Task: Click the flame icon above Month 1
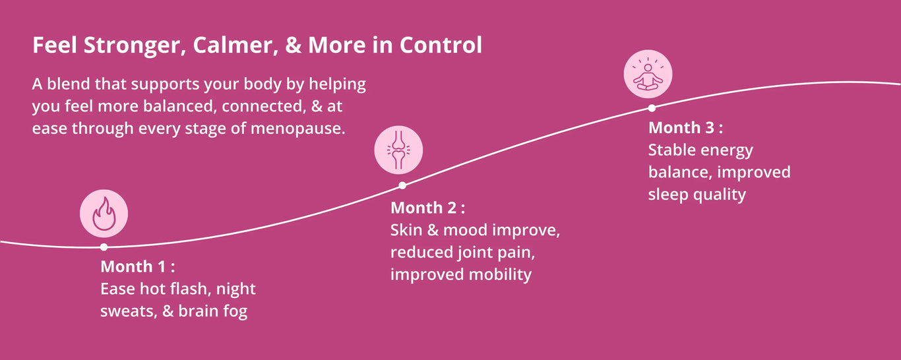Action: [x=104, y=213]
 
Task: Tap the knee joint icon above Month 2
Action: [x=398, y=150]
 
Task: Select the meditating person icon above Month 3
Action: [x=648, y=74]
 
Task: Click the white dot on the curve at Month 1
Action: [x=104, y=247]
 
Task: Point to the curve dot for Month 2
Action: [x=402, y=185]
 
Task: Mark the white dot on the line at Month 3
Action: [x=652, y=107]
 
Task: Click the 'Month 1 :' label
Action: [x=138, y=266]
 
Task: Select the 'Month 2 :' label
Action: [x=427, y=208]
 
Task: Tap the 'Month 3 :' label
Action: [x=685, y=128]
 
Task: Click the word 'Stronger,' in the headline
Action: [x=135, y=45]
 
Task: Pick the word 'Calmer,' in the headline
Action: [x=235, y=45]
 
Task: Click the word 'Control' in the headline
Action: [x=441, y=45]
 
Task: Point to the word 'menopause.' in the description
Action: [x=298, y=129]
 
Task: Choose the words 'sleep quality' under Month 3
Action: [x=697, y=195]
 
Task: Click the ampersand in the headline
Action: [x=294, y=45]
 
